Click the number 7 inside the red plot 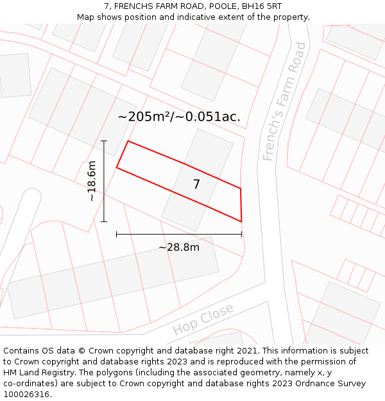[x=196, y=185]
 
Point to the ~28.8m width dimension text [x=179, y=247]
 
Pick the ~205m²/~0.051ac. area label [x=179, y=116]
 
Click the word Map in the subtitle [x=85, y=17]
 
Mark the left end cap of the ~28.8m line [x=116, y=234]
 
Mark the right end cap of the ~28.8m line [x=241, y=234]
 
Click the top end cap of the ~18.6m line [x=104, y=141]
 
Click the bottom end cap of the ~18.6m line [x=104, y=221]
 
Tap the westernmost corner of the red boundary [x=116, y=167]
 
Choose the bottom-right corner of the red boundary [x=241, y=221]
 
